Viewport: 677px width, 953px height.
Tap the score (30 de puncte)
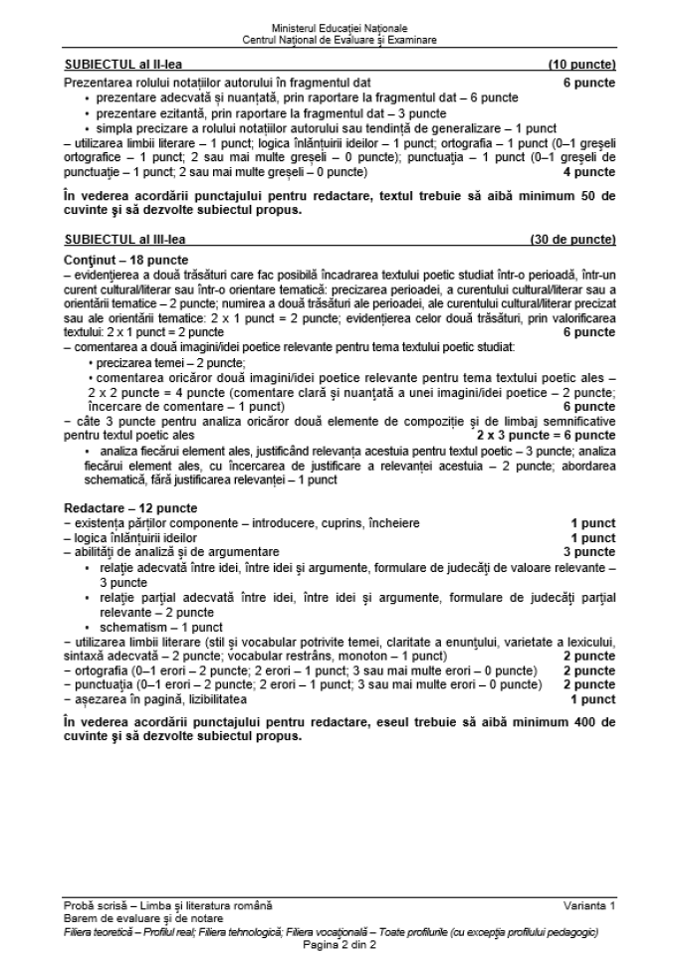(x=572, y=240)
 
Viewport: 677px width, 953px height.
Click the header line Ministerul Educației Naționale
(x=338, y=30)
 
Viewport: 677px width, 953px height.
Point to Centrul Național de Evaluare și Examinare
(x=338, y=40)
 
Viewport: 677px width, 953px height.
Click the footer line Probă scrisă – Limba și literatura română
(x=167, y=904)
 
